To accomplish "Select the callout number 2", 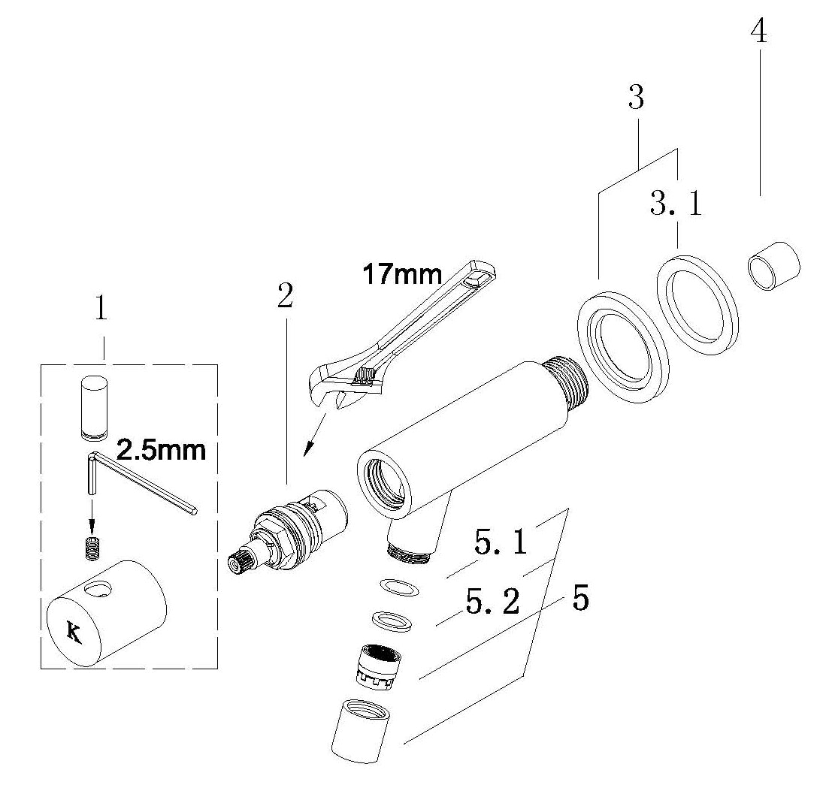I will [285, 297].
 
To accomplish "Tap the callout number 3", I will [636, 98].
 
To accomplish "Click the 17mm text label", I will [402, 275].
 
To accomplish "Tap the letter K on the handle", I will [74, 633].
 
